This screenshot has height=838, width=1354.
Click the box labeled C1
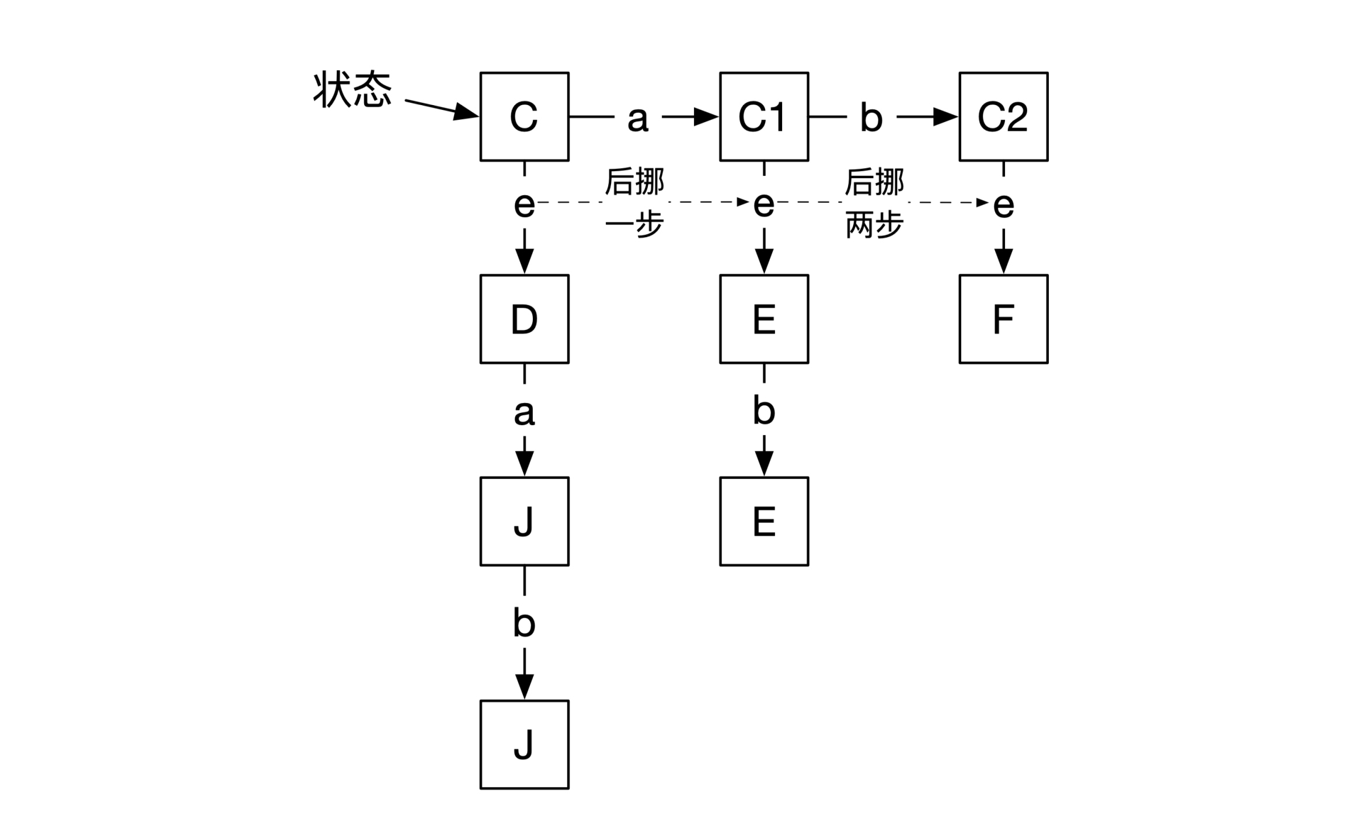[x=763, y=116]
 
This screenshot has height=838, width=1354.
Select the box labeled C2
[x=1003, y=116]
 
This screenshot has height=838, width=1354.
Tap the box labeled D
[x=524, y=319]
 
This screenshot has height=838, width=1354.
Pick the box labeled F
[x=1003, y=319]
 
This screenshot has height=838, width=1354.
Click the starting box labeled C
[x=524, y=116]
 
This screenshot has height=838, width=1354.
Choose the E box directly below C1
[x=763, y=319]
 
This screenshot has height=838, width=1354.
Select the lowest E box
[x=763, y=521]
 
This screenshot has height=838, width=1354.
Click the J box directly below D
[x=524, y=521]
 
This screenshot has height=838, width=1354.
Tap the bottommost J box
[x=524, y=744]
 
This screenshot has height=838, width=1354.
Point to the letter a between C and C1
[x=637, y=119]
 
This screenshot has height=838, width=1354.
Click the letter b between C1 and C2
[x=871, y=117]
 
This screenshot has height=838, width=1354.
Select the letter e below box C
[x=524, y=204]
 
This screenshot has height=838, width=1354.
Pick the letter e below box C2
[x=1003, y=205]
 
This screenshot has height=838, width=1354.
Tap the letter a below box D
[x=524, y=412]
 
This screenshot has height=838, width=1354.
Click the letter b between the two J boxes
[x=524, y=623]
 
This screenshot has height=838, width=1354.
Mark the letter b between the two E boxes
[x=763, y=410]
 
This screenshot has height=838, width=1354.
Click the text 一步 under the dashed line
[x=634, y=225]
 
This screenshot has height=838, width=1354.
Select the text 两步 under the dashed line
[x=874, y=225]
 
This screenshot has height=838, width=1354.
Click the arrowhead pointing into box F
[x=1003, y=260]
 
